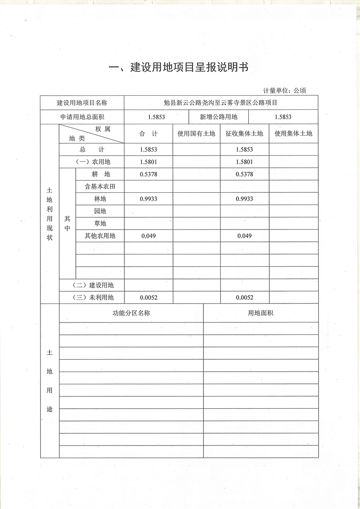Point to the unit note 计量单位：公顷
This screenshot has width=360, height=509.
(285, 90)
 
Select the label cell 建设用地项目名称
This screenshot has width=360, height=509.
(82, 103)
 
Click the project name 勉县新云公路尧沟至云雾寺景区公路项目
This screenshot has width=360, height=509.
(221, 103)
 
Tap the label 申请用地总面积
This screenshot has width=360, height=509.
(82, 117)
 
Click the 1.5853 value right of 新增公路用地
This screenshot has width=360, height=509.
(283, 117)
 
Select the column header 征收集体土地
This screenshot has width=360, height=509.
(244, 133)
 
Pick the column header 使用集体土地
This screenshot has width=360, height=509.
(293, 133)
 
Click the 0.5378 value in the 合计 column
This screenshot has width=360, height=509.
(149, 174)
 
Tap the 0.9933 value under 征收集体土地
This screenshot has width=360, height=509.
(244, 199)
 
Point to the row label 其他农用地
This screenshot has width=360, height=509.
(100, 236)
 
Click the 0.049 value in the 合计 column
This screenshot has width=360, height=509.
(149, 236)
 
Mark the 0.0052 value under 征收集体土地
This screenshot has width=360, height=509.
(244, 298)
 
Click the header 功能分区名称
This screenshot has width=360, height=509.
(131, 313)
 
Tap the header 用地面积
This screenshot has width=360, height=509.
(261, 313)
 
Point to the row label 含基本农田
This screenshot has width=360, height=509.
(100, 186)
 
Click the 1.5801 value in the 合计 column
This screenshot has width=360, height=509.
(149, 162)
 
